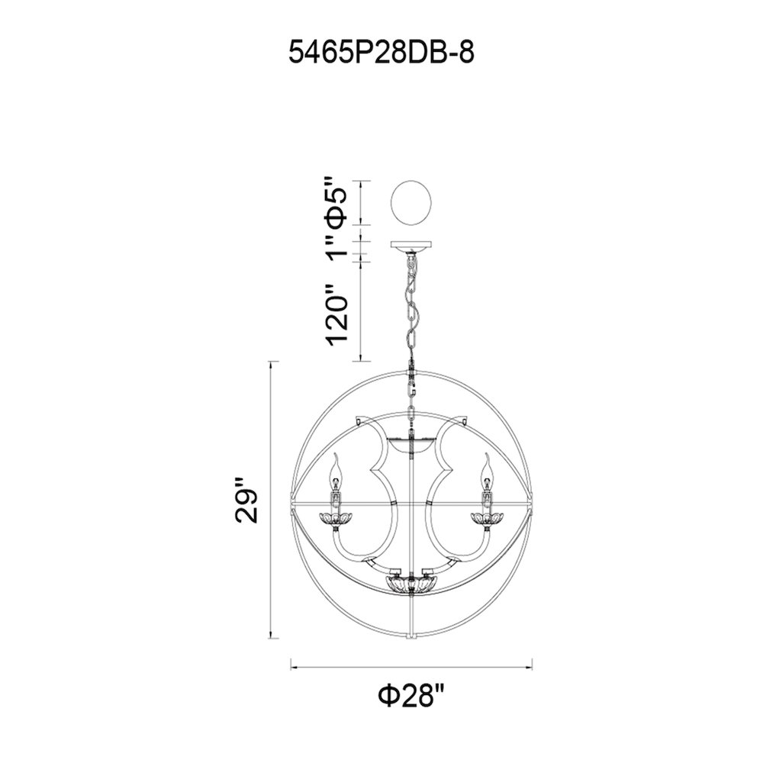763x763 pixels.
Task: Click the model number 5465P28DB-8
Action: point(381,52)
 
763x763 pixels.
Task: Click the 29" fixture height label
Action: point(246,501)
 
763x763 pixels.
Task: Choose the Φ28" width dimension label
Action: point(412,696)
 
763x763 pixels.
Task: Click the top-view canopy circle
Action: point(412,203)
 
